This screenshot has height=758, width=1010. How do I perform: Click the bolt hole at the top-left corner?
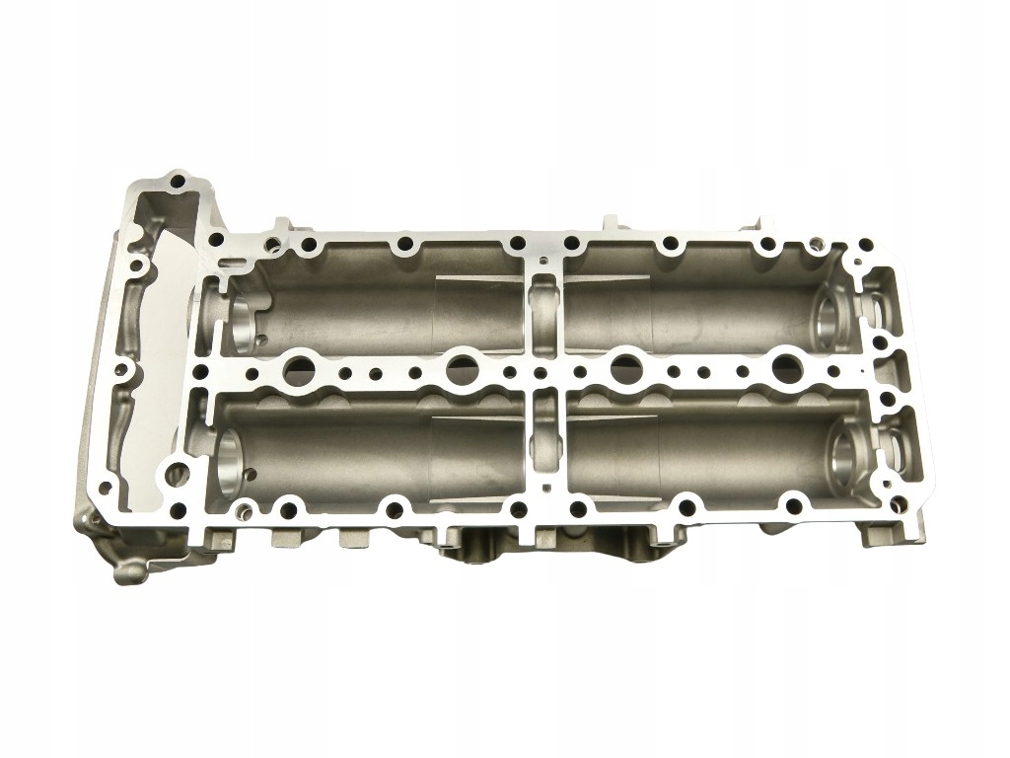(178, 182)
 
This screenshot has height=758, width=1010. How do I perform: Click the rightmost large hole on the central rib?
(786, 368)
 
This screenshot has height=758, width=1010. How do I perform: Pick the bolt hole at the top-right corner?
(865, 243)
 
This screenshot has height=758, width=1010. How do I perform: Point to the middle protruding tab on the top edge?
(609, 223)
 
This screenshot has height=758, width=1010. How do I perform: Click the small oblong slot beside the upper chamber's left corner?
(231, 264)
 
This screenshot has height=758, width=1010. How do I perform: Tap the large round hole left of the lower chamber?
(179, 472)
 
